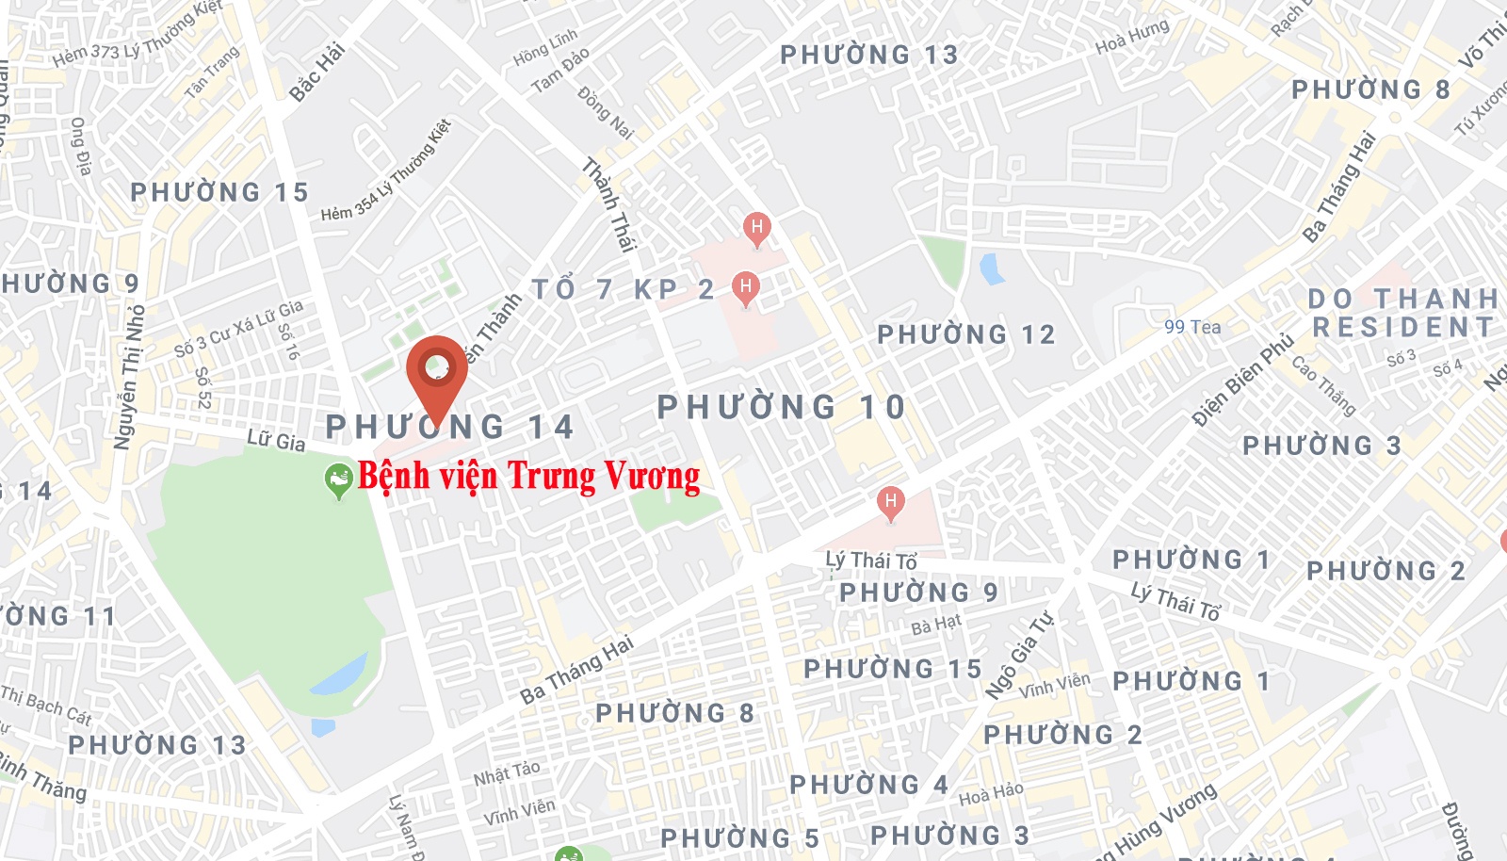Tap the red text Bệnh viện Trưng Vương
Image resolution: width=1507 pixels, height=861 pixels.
pos(528,477)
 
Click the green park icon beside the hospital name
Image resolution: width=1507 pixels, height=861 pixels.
pos(337,480)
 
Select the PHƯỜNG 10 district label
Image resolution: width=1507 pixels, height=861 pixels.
pos(781,408)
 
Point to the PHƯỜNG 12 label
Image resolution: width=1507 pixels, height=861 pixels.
pos(965,334)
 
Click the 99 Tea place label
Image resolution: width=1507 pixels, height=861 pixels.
pos(1192,327)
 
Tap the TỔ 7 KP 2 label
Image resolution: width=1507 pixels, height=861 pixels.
pos(623,289)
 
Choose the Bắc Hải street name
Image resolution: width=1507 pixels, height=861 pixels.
pos(317,72)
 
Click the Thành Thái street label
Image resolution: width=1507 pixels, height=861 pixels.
pos(609,204)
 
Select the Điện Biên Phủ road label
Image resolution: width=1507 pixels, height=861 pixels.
pos(1243,381)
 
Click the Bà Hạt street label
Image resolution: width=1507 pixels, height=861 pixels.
pos(936,624)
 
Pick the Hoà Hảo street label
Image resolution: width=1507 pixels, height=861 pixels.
pos(991,794)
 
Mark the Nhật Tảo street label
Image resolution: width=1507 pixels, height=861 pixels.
pos(507,773)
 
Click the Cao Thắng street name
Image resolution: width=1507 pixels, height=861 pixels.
pos(1323,385)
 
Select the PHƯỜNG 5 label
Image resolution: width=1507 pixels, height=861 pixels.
pos(739,838)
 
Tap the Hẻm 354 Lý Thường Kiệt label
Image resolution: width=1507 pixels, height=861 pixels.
pos(386,171)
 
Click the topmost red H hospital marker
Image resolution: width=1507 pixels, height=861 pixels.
pos(756,227)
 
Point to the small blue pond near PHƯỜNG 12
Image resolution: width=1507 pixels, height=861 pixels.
pos(992,268)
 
